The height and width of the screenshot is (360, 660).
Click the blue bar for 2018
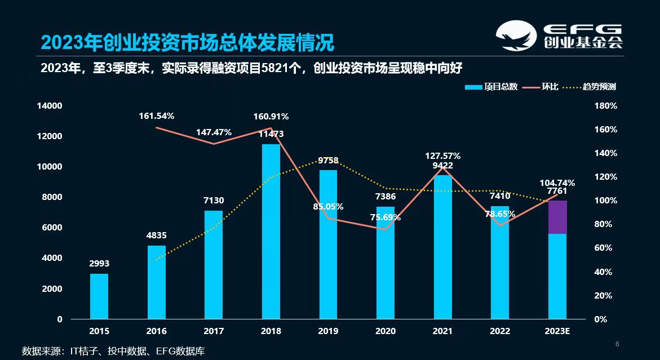(271, 231)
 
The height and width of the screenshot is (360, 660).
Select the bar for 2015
(99, 296)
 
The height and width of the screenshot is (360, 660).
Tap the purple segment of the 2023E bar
(557, 217)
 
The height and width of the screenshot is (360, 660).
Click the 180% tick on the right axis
(606, 106)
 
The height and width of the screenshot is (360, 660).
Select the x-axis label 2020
(386, 331)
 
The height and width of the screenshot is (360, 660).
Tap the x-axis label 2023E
(557, 331)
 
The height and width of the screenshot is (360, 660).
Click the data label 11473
(271, 134)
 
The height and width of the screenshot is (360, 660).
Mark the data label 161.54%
(157, 116)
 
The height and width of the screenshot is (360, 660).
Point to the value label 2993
(99, 263)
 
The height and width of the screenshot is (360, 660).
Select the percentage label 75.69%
(385, 217)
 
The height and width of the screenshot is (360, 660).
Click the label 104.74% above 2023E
(557, 183)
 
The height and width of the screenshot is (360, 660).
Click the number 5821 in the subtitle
(276, 69)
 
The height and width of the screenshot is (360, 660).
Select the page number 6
(617, 344)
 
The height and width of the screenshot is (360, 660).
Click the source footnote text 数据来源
(43, 351)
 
